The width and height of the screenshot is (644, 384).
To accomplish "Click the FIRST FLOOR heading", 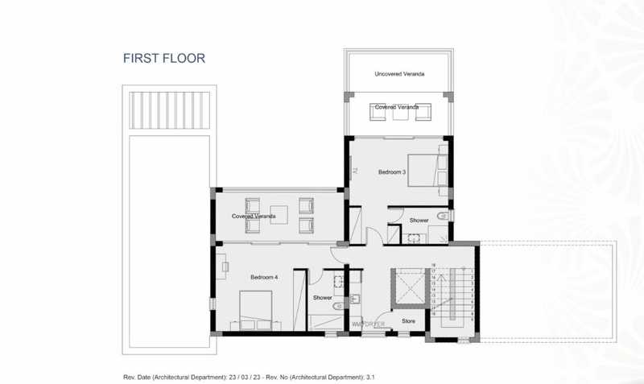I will [164, 58].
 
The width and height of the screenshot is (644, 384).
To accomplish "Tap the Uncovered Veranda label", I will [399, 74].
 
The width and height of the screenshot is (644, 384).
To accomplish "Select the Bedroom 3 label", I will [392, 171].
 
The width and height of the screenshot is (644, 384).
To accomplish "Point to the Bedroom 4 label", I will [263, 277].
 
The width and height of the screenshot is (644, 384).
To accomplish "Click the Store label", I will [408, 321].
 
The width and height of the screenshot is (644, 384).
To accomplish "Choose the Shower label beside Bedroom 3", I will [419, 220].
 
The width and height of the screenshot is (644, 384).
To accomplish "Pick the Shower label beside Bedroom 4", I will [323, 297].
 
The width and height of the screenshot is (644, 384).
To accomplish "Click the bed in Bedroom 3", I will [427, 168].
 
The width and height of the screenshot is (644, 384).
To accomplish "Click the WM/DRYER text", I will [368, 324].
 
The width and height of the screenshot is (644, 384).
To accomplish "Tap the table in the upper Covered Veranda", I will [398, 114].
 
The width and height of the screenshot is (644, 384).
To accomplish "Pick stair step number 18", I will [433, 265].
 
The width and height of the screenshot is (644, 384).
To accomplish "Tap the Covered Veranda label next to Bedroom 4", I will [254, 216].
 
